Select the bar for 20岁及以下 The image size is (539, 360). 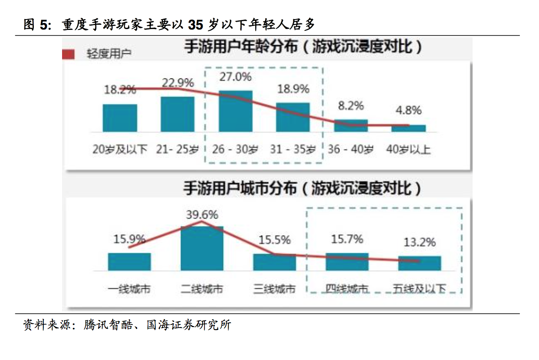pos(120,118)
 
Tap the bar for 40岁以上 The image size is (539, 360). pos(408,128)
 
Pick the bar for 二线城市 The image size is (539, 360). pos(202,248)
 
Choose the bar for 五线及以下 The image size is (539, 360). pos(419,263)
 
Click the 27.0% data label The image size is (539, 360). pos(236,77)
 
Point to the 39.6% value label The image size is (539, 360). pos(202,215)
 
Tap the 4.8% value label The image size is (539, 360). pos(408,110)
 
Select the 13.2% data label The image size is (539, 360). pos(419,242)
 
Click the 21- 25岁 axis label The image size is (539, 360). pos(177,150)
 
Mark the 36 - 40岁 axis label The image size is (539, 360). pos(350,150)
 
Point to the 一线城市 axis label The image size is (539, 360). pos(129,289)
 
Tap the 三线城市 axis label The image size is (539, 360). pos(274,289)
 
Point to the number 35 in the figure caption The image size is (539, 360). pos(196,25)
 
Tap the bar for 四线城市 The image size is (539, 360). pos(347,262)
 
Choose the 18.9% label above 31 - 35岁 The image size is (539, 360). pos(293,89)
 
